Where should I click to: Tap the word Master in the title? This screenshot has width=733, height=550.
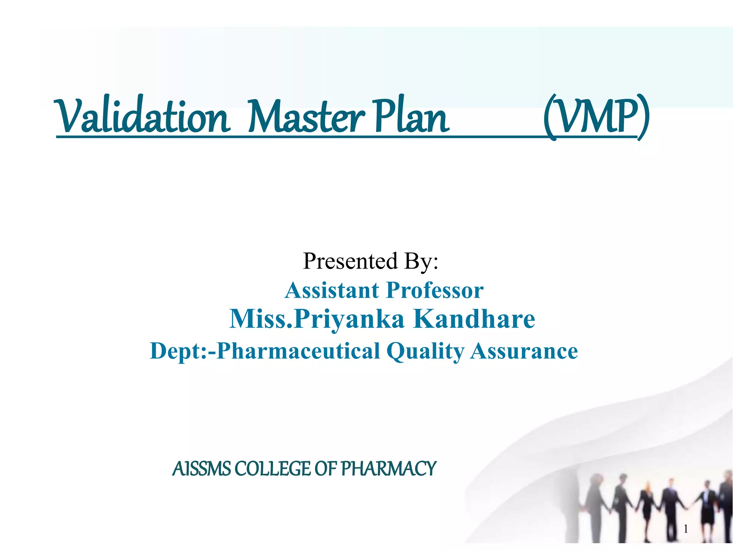(306, 116)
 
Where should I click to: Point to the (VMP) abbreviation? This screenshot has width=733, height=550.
(596, 116)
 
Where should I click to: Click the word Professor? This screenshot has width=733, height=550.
(435, 290)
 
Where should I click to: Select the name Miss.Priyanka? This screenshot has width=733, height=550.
(317, 318)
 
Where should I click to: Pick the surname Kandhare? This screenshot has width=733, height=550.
(474, 318)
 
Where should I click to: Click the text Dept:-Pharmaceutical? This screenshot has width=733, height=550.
(265, 351)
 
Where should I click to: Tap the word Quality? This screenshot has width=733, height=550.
(425, 351)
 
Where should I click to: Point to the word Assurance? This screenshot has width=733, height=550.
(524, 351)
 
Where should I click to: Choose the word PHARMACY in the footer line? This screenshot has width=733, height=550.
(388, 469)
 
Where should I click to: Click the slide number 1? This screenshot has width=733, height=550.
(686, 529)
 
